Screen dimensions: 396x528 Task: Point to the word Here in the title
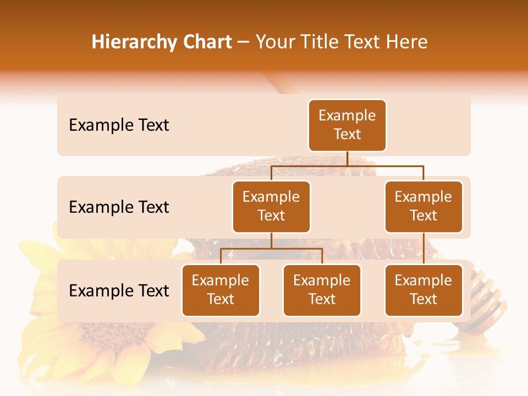tap(406, 42)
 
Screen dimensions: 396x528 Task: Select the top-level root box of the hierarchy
tap(347, 125)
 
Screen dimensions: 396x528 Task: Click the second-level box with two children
tap(271, 207)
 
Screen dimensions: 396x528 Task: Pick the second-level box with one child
tap(424, 207)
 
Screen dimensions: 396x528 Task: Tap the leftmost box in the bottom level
tap(221, 290)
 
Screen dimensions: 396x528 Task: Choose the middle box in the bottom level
tap(322, 290)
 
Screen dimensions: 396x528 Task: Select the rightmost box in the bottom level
tap(424, 290)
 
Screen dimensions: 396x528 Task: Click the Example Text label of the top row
tap(119, 125)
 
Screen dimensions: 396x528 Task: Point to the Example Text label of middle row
tap(119, 207)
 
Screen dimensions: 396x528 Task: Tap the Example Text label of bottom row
tap(119, 291)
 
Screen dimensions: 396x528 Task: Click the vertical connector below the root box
tap(347, 158)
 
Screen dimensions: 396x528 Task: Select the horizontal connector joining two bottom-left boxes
tap(271, 249)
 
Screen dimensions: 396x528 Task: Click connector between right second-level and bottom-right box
tap(424, 249)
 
